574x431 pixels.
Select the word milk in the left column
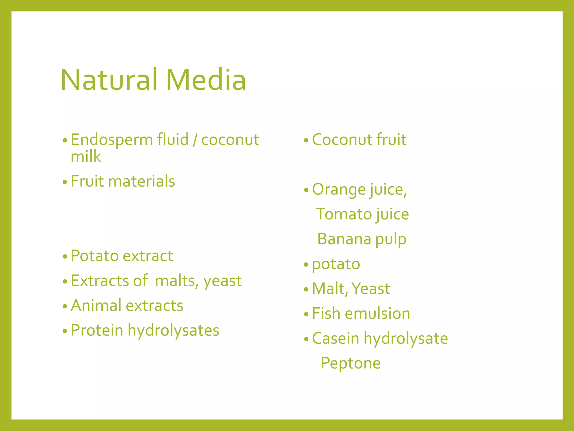click(x=85, y=156)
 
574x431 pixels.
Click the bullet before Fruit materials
click(x=65, y=182)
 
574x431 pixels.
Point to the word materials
click(x=142, y=181)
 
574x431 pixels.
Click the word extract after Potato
click(x=148, y=256)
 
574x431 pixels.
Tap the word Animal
click(x=96, y=305)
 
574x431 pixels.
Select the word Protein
click(x=97, y=330)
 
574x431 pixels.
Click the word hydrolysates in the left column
click(x=173, y=331)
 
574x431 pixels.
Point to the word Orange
click(x=339, y=190)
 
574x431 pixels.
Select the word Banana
click(x=344, y=239)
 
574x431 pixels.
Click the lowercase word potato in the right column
click(x=336, y=264)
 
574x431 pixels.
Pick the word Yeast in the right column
click(x=371, y=289)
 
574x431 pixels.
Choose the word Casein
click(x=335, y=338)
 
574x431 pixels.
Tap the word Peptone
click(x=350, y=363)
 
